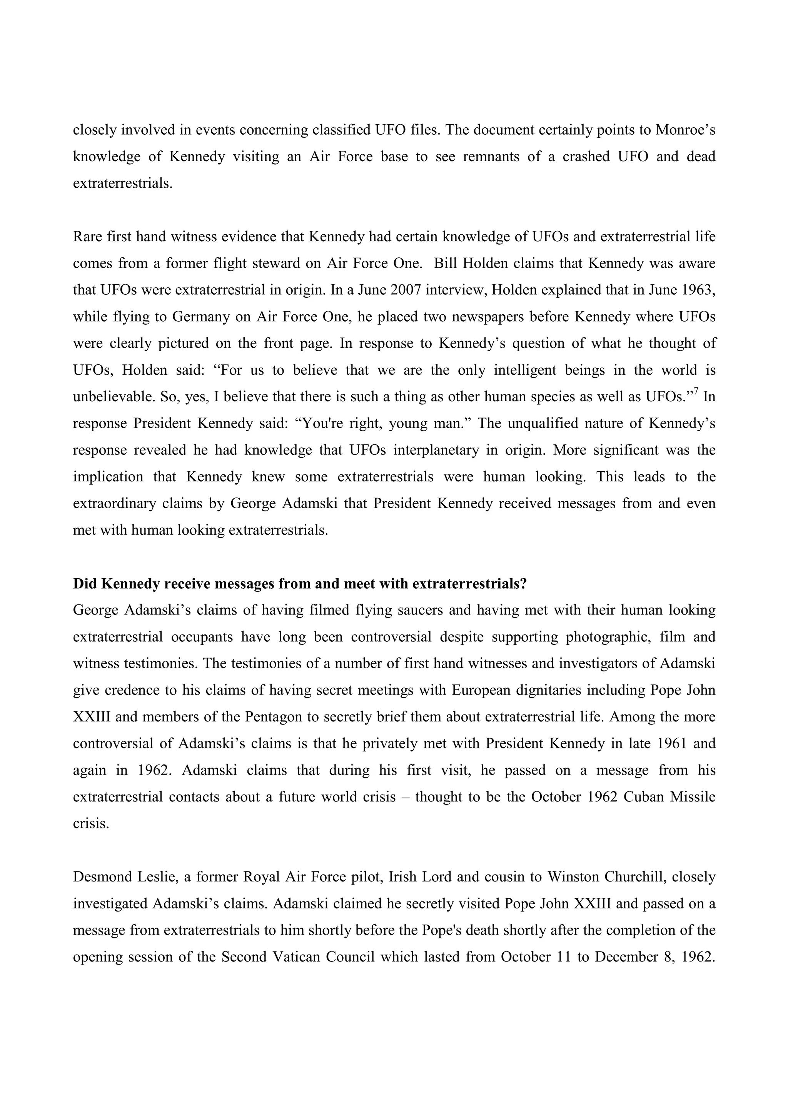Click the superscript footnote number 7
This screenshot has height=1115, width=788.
click(x=697, y=392)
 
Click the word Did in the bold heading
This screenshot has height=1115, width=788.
click(x=85, y=584)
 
